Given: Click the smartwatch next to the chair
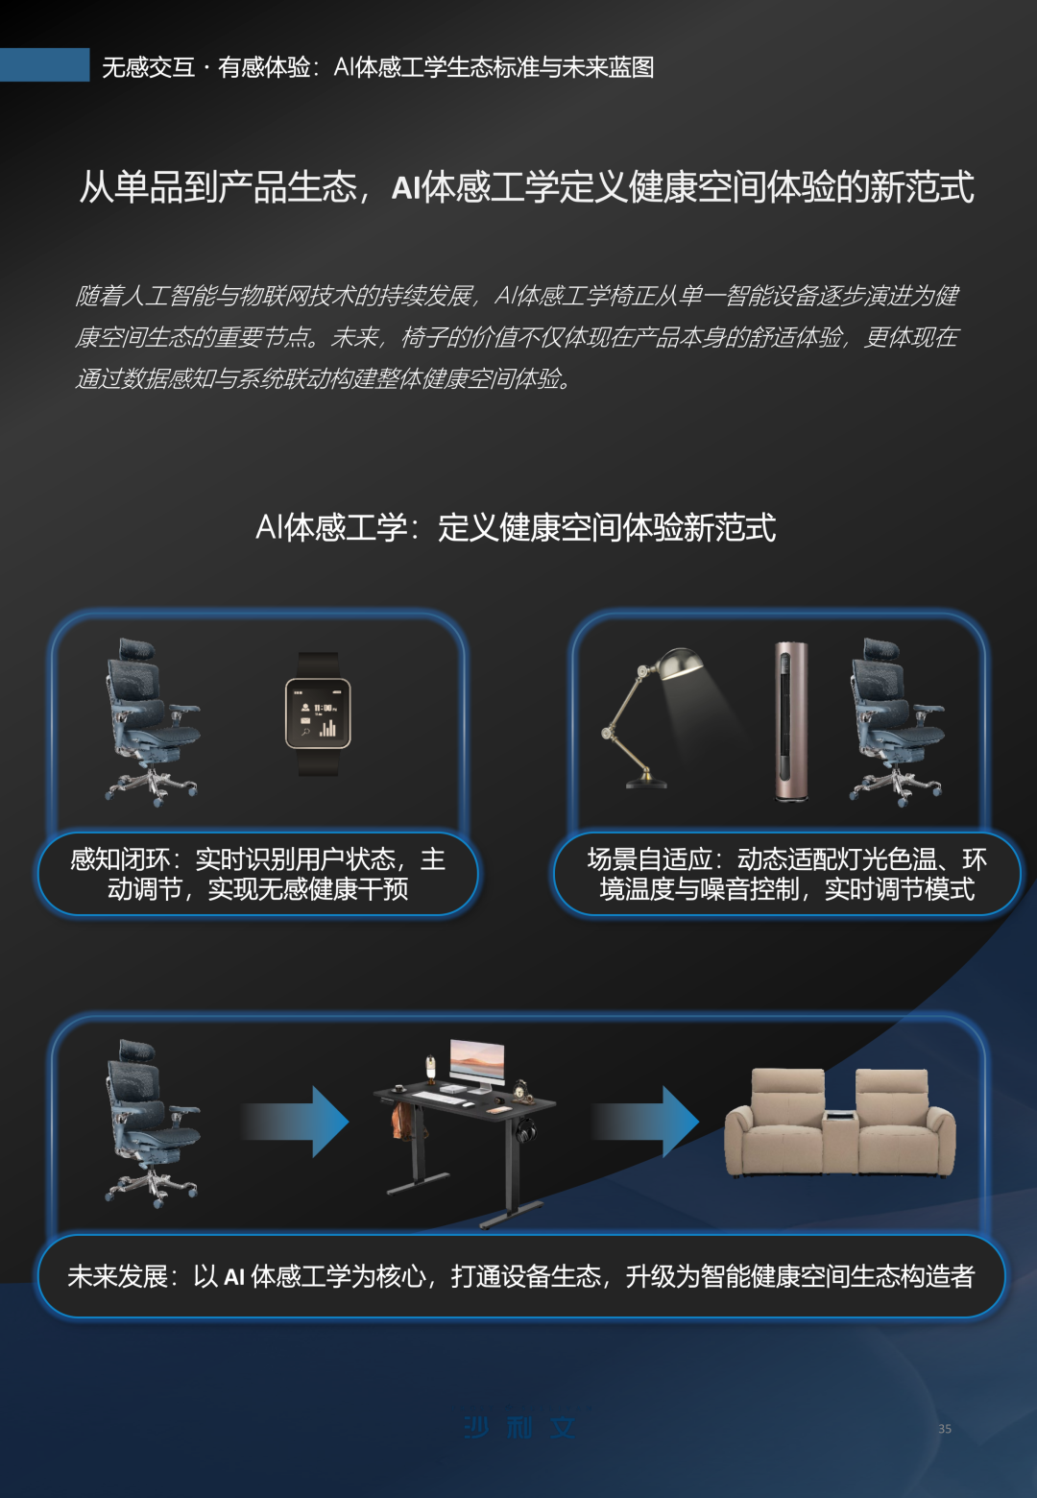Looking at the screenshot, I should click(x=318, y=713).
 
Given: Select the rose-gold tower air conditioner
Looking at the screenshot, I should click(x=791, y=720).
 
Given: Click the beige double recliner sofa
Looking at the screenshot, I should click(x=840, y=1123).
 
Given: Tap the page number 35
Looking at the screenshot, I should click(x=945, y=1429).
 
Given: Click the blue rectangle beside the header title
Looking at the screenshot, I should click(x=44, y=65).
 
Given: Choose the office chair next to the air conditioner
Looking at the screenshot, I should click(x=893, y=720).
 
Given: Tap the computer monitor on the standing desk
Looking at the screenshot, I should click(x=476, y=1062).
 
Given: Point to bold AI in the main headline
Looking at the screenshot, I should click(x=406, y=188).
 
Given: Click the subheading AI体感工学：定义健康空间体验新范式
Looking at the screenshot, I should click(x=516, y=528).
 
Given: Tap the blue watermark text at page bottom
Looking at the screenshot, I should click(x=519, y=1428).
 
